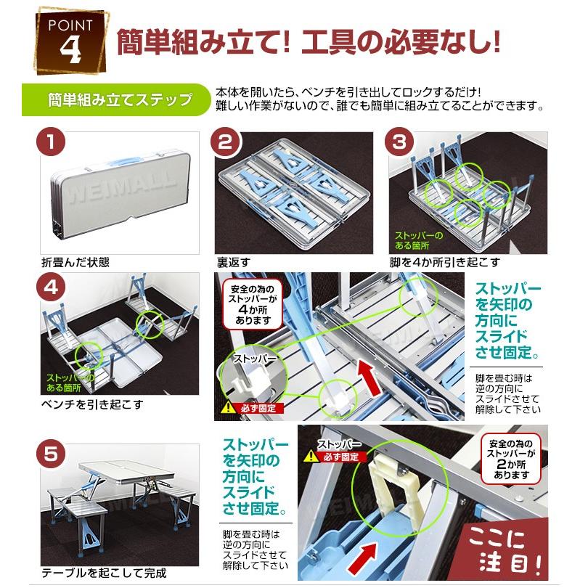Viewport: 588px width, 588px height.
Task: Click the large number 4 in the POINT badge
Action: click(x=71, y=48)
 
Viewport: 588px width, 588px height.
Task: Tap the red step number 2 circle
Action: click(x=227, y=141)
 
